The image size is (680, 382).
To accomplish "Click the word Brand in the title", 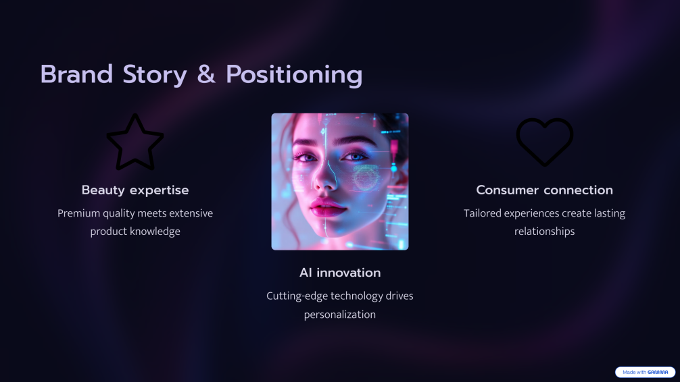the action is tap(76, 74).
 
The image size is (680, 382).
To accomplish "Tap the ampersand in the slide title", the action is tap(206, 74).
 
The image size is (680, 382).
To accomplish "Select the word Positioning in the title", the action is tap(294, 76).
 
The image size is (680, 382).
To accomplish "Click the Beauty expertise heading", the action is tap(135, 190).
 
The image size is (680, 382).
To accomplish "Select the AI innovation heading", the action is tap(340, 273).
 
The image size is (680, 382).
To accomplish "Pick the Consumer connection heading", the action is tap(544, 190).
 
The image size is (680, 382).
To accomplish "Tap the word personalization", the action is tap(340, 315).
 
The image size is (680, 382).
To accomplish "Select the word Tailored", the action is tap(482, 213).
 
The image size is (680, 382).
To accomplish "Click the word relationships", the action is tap(544, 231).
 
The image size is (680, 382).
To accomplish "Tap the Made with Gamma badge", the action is tap(645, 372).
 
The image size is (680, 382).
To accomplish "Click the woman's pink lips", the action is tap(329, 207).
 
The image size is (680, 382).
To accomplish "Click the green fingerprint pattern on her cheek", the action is tap(366, 178).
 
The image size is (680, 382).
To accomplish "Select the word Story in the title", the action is tap(155, 76).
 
